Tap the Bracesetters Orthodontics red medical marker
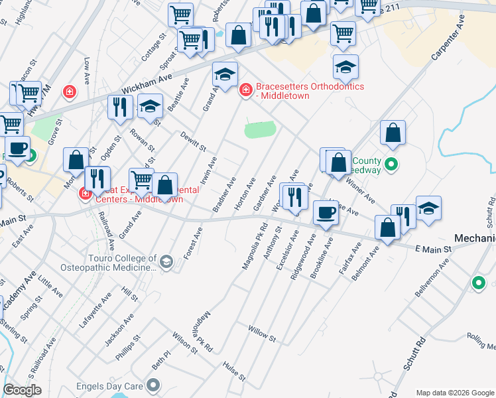point(245,90)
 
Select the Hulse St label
point(234,371)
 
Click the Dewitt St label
point(194,140)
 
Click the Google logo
point(22,391)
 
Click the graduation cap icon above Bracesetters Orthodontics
point(225,75)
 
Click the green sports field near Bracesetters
point(259,130)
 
